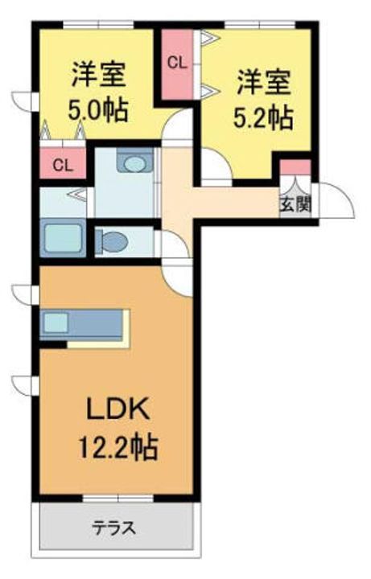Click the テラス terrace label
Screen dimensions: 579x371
(x=113, y=528)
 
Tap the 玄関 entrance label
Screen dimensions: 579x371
(x=293, y=204)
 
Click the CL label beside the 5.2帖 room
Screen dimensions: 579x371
(x=177, y=61)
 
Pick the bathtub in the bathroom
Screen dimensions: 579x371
(x=62, y=239)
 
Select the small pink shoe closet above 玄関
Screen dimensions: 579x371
(x=294, y=170)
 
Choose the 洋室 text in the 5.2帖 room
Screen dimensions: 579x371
(x=262, y=84)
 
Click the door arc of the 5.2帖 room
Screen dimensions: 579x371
(x=216, y=167)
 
